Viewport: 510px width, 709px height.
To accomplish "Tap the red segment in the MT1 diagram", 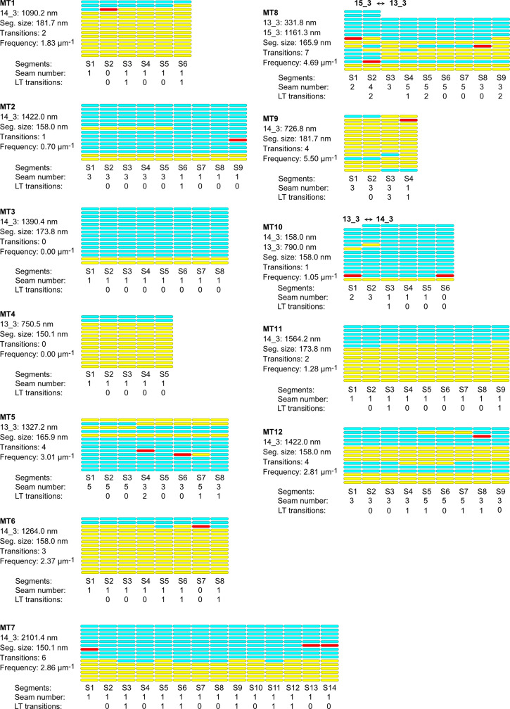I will (x=108, y=10).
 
